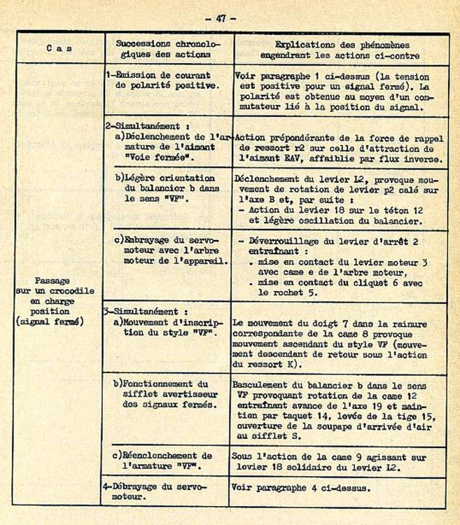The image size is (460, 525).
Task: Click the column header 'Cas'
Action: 59,48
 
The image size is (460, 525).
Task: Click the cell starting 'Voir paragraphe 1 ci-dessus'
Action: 339,92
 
